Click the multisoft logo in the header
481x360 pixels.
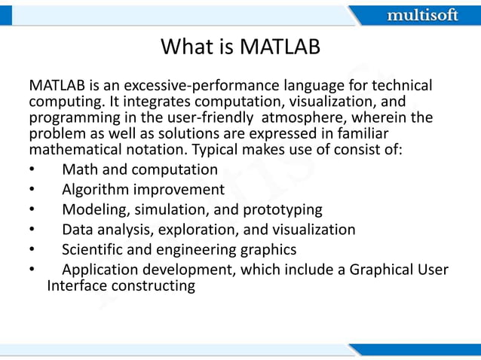pyautogui.click(x=422, y=15)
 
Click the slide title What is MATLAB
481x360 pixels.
pyautogui.click(x=240, y=47)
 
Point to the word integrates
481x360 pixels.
pyautogui.click(x=132, y=102)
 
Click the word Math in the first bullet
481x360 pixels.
pyautogui.click(x=79, y=169)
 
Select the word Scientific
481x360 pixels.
pyautogui.click(x=93, y=249)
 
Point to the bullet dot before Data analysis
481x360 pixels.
pyautogui.click(x=32, y=230)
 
